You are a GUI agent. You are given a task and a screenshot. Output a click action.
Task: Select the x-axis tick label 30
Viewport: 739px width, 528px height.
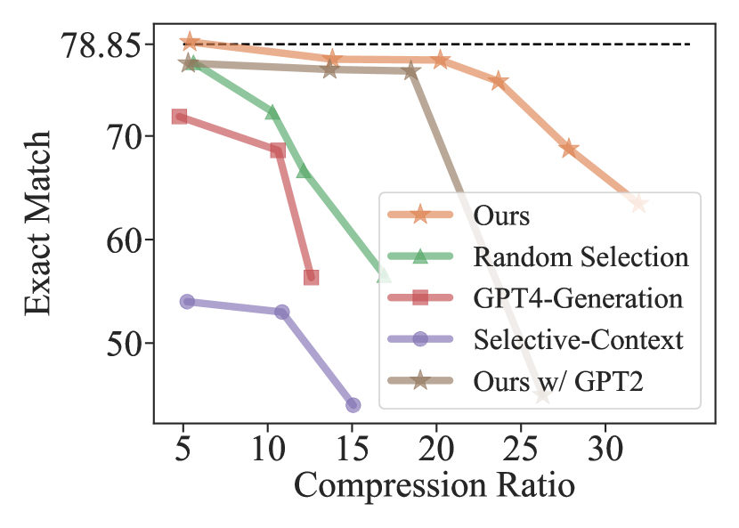tap(605, 445)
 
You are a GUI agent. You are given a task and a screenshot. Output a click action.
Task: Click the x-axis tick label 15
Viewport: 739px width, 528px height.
tap(352, 445)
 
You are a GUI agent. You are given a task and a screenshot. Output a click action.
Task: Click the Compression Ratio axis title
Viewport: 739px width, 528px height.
tap(434, 485)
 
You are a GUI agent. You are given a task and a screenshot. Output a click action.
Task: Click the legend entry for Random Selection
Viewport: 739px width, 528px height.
tap(581, 256)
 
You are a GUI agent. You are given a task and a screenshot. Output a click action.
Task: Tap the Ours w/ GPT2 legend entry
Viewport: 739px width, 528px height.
tap(557, 380)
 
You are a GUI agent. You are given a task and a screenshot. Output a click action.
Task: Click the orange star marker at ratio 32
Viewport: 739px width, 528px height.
tap(638, 204)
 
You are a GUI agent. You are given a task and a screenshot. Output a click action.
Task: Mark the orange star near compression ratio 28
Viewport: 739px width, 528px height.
tap(569, 148)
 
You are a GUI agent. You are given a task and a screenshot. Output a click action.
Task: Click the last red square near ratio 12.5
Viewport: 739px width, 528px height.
tap(311, 278)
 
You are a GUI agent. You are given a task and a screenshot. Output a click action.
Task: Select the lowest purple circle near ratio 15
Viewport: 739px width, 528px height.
tap(353, 405)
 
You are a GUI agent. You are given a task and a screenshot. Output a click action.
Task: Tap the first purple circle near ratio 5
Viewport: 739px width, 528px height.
tap(187, 302)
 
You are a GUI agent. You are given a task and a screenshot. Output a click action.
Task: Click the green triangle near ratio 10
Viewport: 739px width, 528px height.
tap(272, 112)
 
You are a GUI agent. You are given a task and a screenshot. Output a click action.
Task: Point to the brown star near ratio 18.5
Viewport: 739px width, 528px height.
tap(410, 71)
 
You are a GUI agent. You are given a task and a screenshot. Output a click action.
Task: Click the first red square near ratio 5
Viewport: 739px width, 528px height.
tap(179, 117)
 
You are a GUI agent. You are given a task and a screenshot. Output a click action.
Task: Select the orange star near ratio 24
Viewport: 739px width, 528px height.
tap(499, 82)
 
